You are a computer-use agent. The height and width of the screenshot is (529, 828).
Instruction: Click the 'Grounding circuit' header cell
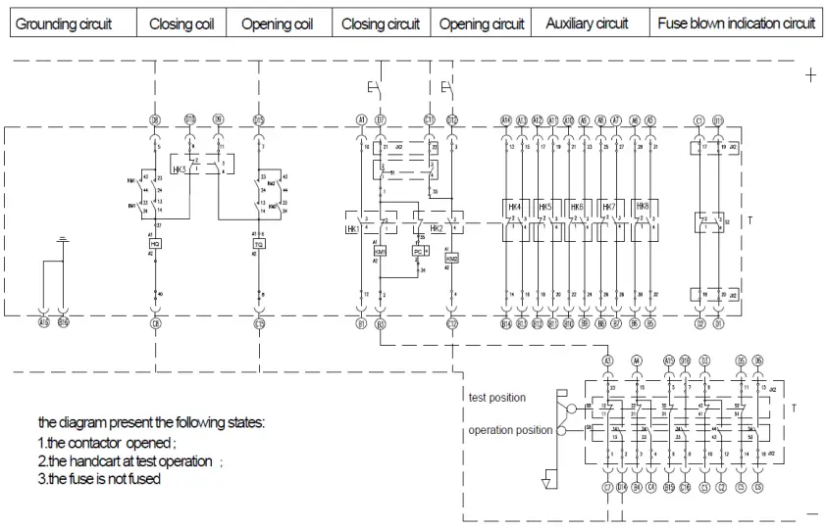point(63,24)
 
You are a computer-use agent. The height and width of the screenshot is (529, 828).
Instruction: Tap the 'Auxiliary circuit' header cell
point(587,24)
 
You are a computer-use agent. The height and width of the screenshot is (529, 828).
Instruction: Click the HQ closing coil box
point(155,242)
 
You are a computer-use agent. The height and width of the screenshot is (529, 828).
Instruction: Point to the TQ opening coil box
point(259,242)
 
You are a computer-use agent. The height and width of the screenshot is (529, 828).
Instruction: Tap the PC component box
point(418,251)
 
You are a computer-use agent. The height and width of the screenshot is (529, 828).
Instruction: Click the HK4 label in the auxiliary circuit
point(513,208)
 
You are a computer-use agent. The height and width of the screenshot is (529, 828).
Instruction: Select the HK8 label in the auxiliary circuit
point(642,208)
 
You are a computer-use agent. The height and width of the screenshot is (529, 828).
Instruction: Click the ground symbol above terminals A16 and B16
point(63,239)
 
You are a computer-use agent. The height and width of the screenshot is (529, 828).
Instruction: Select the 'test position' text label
point(497,398)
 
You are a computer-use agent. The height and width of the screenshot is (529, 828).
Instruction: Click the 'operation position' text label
point(510,430)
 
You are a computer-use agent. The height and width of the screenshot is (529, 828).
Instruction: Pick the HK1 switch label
point(352,228)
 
